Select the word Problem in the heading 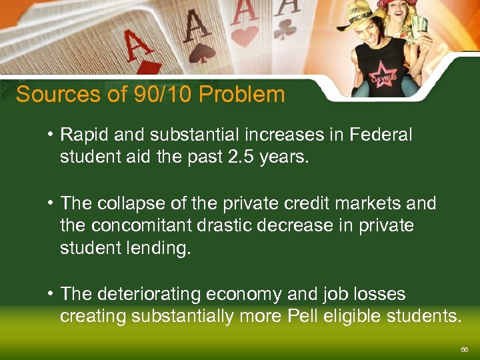pos(241,95)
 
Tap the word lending pos(157,249)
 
